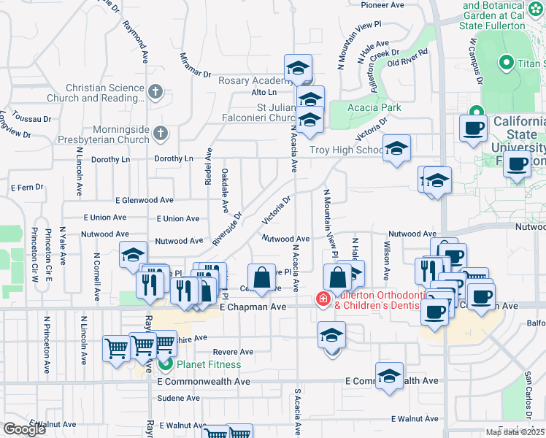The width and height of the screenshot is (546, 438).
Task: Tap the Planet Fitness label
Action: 206,364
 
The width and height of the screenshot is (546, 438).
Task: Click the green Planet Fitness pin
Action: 166,364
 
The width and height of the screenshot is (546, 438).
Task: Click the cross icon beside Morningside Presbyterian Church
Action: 161,134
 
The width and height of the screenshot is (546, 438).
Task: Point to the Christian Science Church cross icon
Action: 155,92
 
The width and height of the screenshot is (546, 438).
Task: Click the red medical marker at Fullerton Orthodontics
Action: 322,299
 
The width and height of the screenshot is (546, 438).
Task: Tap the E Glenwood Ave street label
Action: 144,200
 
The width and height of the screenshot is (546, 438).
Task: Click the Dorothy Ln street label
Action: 173,158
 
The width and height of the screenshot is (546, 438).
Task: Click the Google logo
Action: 23,429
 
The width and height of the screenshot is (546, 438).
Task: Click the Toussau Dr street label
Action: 33,118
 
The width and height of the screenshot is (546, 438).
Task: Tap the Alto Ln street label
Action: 264,93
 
